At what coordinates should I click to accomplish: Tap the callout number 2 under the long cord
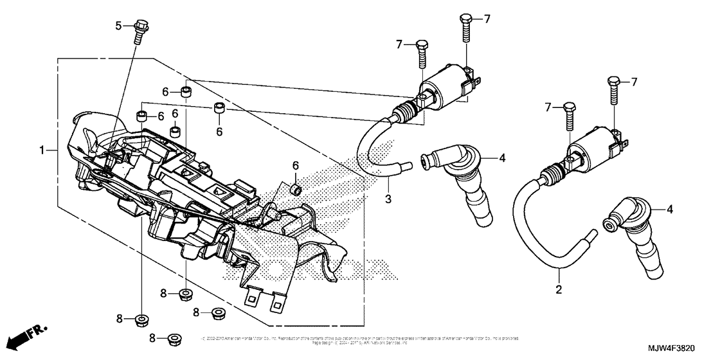click(559, 290)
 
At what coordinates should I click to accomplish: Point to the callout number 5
click(118, 26)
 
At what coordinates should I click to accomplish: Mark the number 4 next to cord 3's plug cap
click(502, 157)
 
